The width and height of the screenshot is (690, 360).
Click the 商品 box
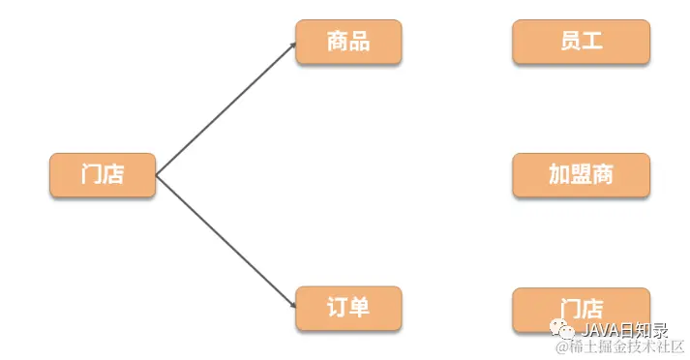coord(348,43)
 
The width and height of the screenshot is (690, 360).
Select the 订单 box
coord(348,309)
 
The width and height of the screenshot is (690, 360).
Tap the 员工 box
coord(581,42)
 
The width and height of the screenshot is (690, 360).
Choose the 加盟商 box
coord(581,175)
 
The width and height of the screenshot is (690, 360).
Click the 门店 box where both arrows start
coord(103,175)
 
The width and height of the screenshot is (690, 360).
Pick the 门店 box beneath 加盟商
coord(581,309)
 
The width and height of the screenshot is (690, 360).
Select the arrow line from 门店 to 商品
coord(225,109)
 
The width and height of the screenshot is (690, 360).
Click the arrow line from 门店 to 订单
coord(225,242)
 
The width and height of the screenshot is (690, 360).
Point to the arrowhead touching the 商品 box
coord(292,45)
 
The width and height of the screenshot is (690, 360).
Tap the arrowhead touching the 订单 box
coord(292,306)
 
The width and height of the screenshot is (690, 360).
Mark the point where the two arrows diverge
coord(157,176)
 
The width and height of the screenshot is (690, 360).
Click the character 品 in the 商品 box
coord(360,43)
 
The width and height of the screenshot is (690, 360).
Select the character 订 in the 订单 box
coord(337,309)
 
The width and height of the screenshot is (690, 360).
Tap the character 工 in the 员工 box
coord(592,42)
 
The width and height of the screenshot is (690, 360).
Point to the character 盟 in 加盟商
coord(581,175)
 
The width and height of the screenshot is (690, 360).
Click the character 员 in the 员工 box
coord(569,42)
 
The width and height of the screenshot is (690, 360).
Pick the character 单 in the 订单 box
coord(360,309)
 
